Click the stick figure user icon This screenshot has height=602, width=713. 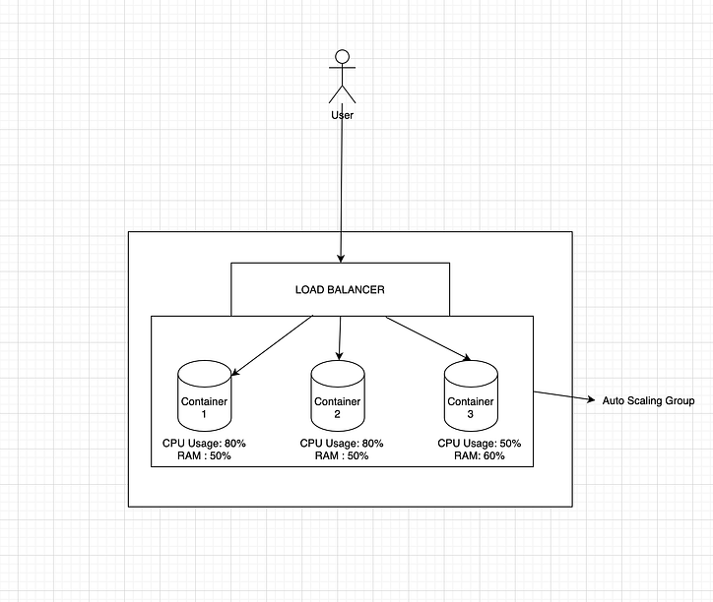pyautogui.click(x=343, y=77)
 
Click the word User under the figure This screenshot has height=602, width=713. pyautogui.click(x=343, y=115)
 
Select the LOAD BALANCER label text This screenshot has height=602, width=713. pyautogui.click(x=340, y=290)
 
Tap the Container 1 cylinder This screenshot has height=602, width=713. pyautogui.click(x=204, y=395)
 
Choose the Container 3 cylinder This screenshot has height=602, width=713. pyautogui.click(x=471, y=395)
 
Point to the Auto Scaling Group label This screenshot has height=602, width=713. pyautogui.click(x=648, y=401)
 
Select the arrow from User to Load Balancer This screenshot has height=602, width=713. pyautogui.click(x=342, y=187)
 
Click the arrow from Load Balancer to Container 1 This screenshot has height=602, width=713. pyautogui.click(x=273, y=344)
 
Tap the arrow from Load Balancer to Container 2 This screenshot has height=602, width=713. pyautogui.click(x=340, y=337)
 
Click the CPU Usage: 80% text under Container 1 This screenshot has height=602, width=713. pyautogui.click(x=204, y=444)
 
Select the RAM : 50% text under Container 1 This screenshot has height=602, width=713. pyautogui.click(x=204, y=455)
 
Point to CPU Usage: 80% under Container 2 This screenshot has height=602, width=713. pyautogui.click(x=342, y=444)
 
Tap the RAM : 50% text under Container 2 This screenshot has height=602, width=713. pyautogui.click(x=341, y=455)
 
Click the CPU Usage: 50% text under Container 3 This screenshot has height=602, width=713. pyautogui.click(x=480, y=444)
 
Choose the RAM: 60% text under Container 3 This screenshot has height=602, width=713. pyautogui.click(x=480, y=455)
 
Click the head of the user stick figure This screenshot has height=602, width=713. pyautogui.click(x=343, y=57)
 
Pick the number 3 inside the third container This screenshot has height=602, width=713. pyautogui.click(x=471, y=415)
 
